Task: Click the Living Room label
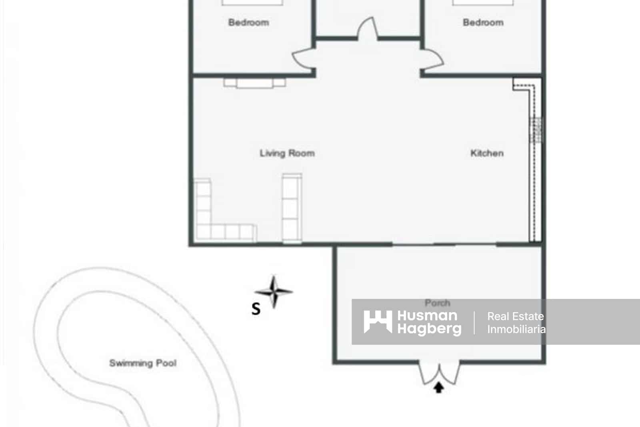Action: pos(287,153)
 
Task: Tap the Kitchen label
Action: pos(486,153)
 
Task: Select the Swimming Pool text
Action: pos(143,363)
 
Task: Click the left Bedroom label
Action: pos(248,22)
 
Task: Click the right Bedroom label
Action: pos(483,22)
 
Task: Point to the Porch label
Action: pos(437,303)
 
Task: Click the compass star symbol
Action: pos(274,292)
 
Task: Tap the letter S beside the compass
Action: pos(256,309)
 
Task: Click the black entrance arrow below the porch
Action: pos(439,387)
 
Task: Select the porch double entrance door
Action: pos(439,373)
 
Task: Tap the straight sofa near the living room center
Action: pos(292,208)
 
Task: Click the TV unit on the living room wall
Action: pos(254,83)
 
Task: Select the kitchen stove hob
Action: pos(536,129)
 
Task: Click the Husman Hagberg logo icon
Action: pos(377,322)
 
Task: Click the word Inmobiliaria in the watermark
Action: pos(516,329)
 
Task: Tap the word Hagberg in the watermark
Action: pos(429,329)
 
